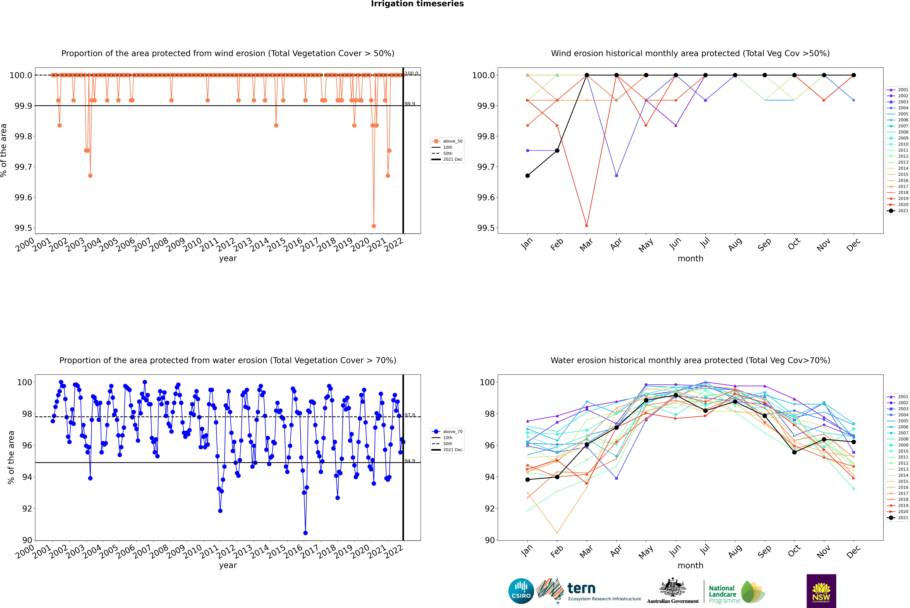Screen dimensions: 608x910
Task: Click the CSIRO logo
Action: [521, 591]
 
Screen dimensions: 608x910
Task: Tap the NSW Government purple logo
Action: [821, 591]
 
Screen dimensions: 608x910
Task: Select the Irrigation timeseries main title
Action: [417, 4]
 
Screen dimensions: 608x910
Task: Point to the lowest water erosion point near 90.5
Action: [305, 533]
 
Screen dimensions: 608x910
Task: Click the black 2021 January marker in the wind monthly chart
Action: [528, 176]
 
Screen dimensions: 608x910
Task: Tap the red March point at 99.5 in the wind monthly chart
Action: [587, 226]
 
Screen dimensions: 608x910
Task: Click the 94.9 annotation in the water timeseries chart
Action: [410, 461]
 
